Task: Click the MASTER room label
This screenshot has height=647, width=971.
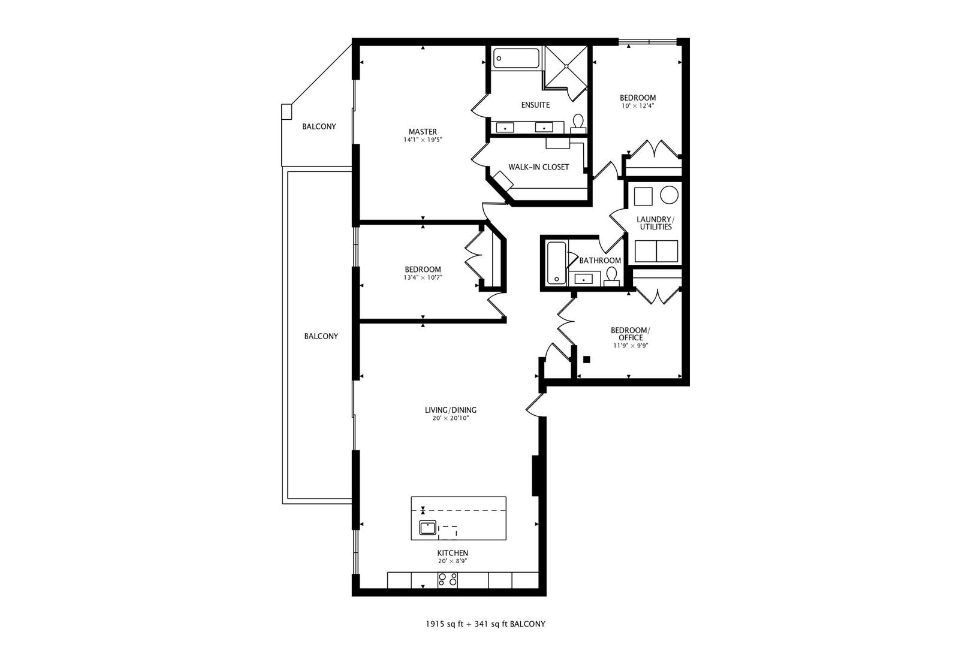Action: click(x=423, y=132)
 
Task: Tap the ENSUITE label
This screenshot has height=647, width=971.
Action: click(x=535, y=105)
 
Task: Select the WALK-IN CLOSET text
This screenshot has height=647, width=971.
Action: click(x=538, y=167)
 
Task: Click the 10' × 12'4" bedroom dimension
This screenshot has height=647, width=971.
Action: click(x=637, y=106)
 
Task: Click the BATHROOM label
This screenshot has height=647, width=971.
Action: click(x=600, y=261)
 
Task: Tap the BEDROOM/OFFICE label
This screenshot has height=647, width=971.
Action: click(x=630, y=334)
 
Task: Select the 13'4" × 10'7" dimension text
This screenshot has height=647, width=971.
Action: click(x=423, y=277)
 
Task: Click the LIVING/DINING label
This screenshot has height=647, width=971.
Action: click(x=450, y=410)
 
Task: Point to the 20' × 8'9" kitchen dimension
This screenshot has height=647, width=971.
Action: click(x=453, y=561)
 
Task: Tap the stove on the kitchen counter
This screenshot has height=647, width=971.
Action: click(x=448, y=579)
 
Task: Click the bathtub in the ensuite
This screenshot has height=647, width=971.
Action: click(x=517, y=59)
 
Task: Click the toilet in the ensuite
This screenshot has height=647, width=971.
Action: click(x=578, y=123)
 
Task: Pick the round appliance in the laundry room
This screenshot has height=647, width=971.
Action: click(x=669, y=195)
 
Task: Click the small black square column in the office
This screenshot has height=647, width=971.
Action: click(x=587, y=359)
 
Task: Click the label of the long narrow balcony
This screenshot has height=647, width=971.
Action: click(x=321, y=336)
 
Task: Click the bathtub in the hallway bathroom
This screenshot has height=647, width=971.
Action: click(x=556, y=262)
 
